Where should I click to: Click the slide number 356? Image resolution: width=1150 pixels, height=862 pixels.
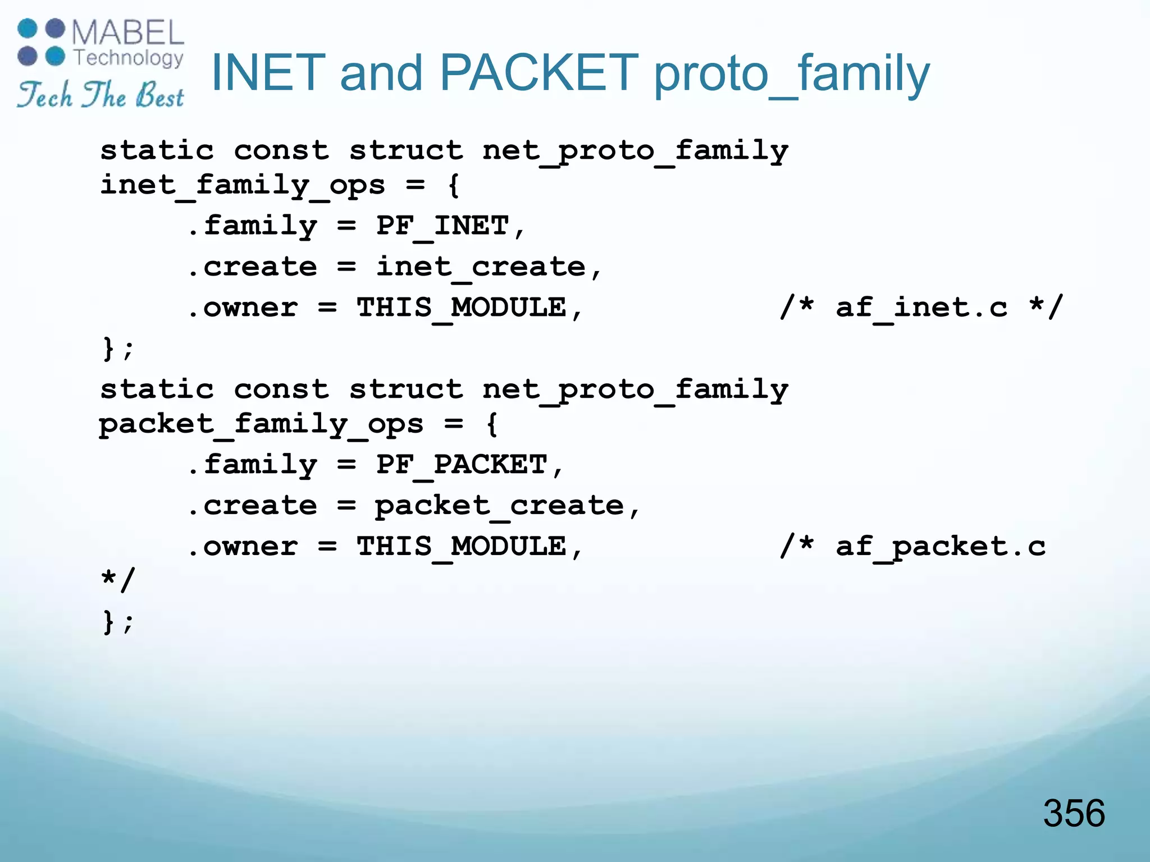coord(1074,813)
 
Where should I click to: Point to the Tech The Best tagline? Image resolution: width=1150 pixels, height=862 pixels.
coord(100,95)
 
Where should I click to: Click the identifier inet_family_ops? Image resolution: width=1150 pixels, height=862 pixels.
coord(243,185)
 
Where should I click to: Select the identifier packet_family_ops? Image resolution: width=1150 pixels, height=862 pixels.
coord(261,424)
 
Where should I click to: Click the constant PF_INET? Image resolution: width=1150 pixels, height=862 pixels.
coord(442,226)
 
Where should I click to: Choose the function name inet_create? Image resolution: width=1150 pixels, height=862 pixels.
coord(481,267)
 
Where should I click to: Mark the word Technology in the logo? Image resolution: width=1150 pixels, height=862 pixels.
coord(129,57)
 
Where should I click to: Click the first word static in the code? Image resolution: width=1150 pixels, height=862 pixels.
coord(157,151)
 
